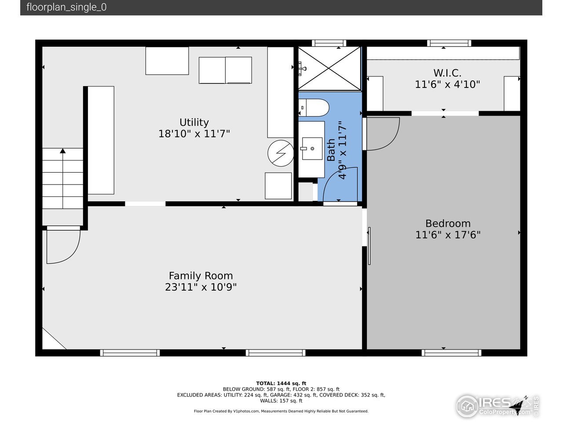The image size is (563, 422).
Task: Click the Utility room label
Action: pyautogui.click(x=194, y=123)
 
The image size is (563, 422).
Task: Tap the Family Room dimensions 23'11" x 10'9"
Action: pyautogui.click(x=201, y=287)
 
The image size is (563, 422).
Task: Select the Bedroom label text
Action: pyautogui.click(x=448, y=223)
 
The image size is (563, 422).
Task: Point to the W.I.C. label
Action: pyautogui.click(x=447, y=73)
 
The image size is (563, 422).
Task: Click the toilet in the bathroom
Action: pyautogui.click(x=314, y=107)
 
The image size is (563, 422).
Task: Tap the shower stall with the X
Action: pyautogui.click(x=329, y=69)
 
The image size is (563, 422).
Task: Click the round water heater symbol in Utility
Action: pyautogui.click(x=281, y=153)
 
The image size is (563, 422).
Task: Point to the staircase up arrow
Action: pyautogui.click(x=63, y=152)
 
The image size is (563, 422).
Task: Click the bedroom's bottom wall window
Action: pyautogui.click(x=451, y=353)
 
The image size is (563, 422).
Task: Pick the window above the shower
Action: pyautogui.click(x=329, y=43)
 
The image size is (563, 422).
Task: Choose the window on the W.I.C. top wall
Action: pyautogui.click(x=449, y=43)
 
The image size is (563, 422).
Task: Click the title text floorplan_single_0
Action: pyautogui.click(x=66, y=7)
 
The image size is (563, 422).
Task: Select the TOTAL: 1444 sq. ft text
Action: pyautogui.click(x=281, y=383)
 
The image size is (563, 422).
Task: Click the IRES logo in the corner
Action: pyautogui.click(x=497, y=404)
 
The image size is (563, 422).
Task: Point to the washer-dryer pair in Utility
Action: pyautogui.click(x=225, y=70)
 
